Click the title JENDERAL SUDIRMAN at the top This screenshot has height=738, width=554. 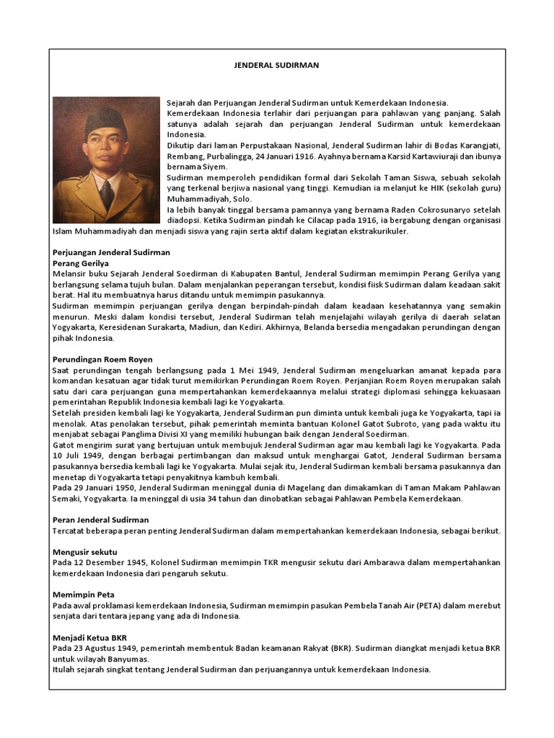coord(277,65)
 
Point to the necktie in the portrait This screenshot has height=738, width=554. coord(107,194)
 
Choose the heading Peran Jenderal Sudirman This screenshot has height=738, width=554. coord(101,520)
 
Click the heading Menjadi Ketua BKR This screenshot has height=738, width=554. coord(90,638)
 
